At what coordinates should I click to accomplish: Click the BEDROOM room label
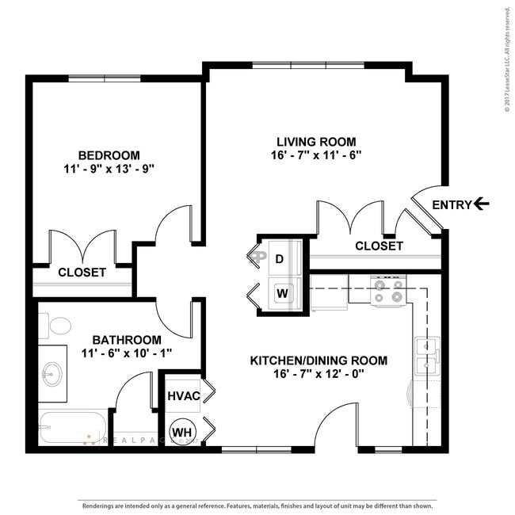[109, 155]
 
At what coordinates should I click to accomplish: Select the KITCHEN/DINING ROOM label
[319, 360]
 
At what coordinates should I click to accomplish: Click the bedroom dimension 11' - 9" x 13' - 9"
[109, 169]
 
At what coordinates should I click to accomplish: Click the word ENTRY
[451, 204]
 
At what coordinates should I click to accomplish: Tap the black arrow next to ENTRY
[481, 204]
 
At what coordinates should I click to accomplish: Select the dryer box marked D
[280, 258]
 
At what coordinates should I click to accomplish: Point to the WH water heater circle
[182, 432]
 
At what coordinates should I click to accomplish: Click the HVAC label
[182, 395]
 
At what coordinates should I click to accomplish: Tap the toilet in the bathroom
[57, 325]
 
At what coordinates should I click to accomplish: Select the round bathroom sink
[53, 374]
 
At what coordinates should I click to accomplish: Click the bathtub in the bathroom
[71, 429]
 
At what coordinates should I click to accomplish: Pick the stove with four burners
[388, 289]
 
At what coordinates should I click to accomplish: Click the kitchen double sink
[426, 356]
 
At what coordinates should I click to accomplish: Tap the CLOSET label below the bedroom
[82, 272]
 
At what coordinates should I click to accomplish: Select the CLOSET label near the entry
[379, 246]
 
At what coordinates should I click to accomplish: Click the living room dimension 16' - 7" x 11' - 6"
[315, 155]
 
